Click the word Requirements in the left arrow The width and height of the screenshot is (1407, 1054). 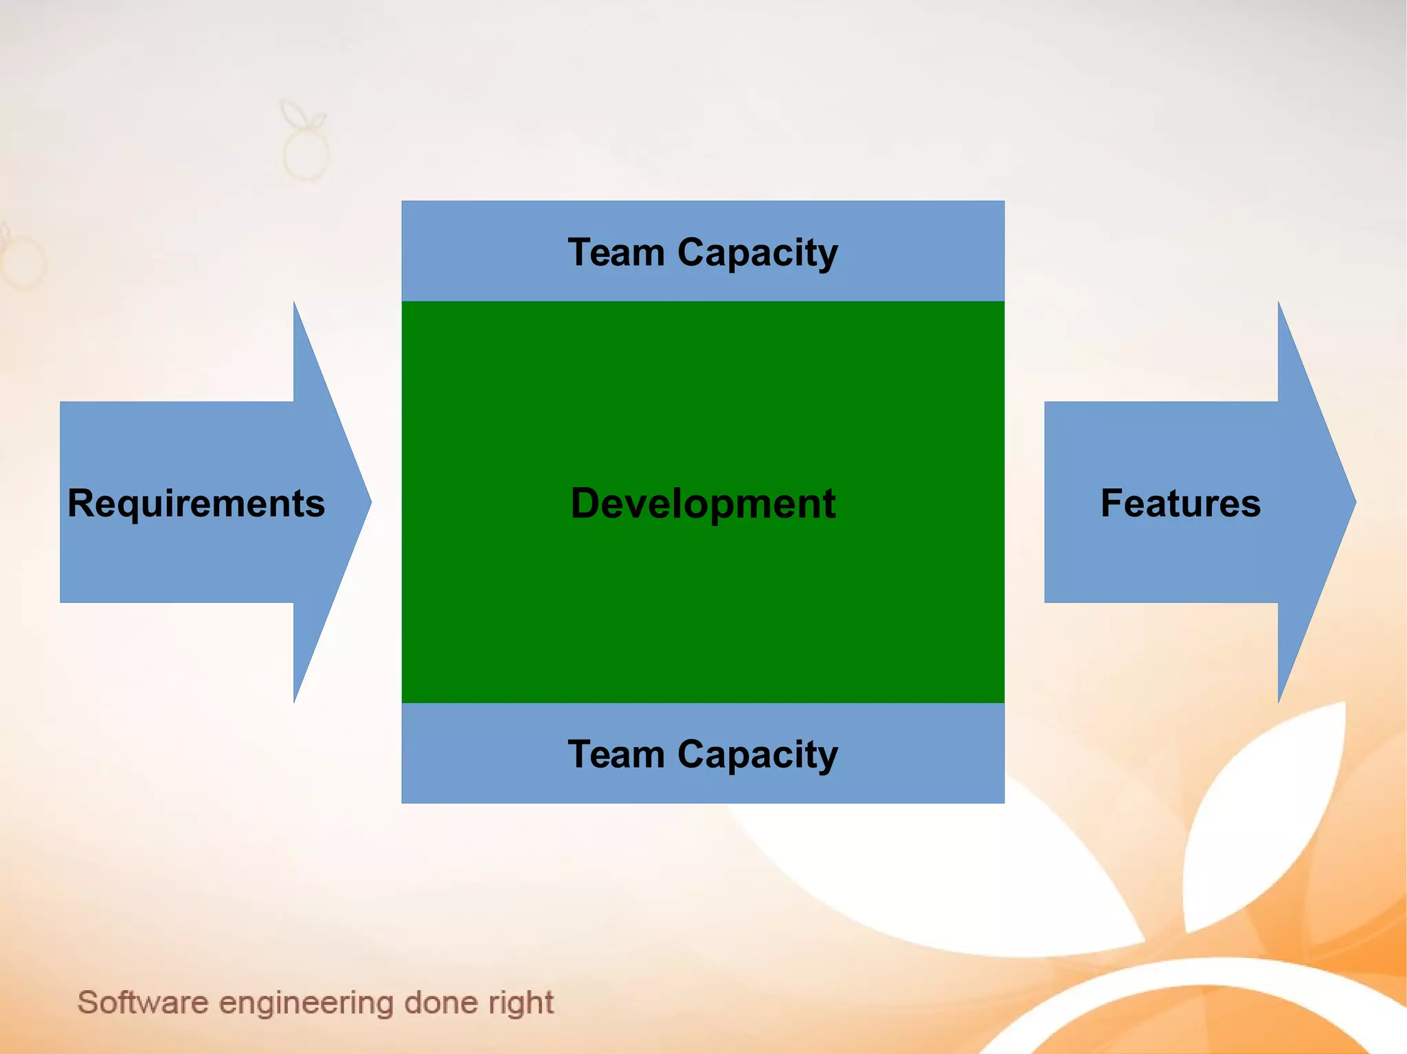(x=196, y=503)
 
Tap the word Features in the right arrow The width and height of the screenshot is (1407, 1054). (x=1180, y=503)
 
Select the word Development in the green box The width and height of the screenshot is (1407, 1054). (x=703, y=503)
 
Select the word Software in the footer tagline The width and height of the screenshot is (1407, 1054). (x=143, y=1003)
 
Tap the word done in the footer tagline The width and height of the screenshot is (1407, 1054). (x=440, y=1003)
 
